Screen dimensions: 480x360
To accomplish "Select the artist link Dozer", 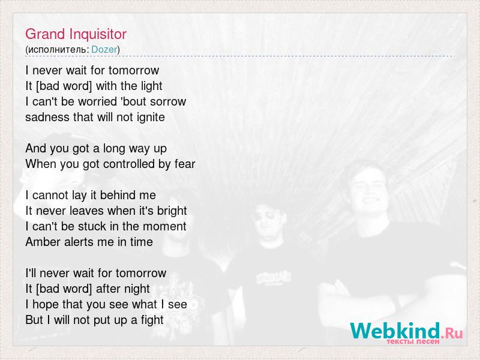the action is point(104,50).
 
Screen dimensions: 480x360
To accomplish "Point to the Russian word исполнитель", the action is point(57,50).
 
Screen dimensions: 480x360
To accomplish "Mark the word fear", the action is point(185,164).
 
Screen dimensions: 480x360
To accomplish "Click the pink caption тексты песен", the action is point(413,341).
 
